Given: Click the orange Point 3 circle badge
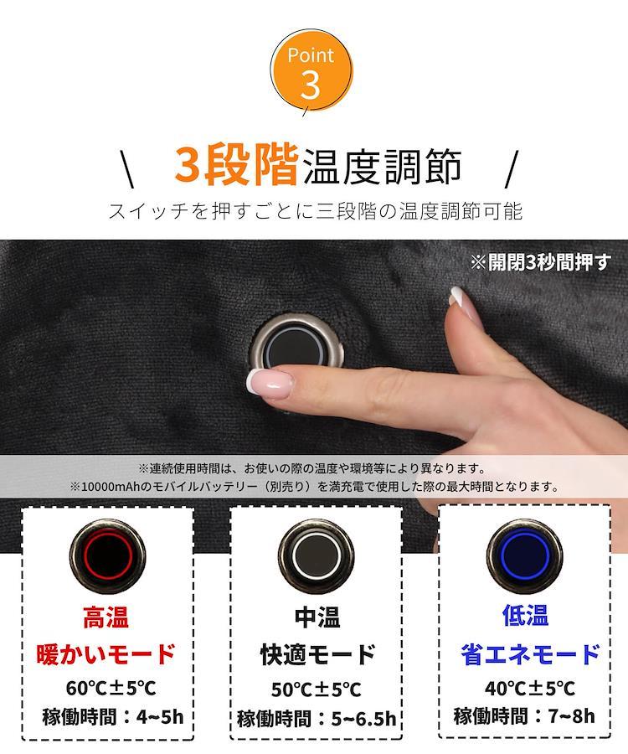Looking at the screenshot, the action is click(311, 71).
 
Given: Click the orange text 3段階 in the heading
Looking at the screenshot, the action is click(236, 166).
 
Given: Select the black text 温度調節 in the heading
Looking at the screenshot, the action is click(383, 167).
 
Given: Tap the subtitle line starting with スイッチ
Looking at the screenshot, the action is click(315, 211).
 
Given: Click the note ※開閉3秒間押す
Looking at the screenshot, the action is click(541, 262).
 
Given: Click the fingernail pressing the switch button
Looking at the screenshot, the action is click(269, 384).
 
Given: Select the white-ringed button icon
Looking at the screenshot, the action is click(317, 556).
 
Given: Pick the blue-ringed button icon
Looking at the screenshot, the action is click(525, 556).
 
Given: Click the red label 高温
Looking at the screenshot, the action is click(106, 617).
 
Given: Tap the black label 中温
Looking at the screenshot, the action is click(317, 617).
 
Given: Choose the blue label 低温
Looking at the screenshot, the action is click(525, 615).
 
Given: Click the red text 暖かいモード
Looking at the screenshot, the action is click(106, 653).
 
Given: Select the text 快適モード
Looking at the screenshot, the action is click(317, 654).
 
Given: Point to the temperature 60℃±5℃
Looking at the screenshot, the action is click(111, 688).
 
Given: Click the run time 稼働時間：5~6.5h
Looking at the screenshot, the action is click(317, 719).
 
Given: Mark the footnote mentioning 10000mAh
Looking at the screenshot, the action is click(315, 487).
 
